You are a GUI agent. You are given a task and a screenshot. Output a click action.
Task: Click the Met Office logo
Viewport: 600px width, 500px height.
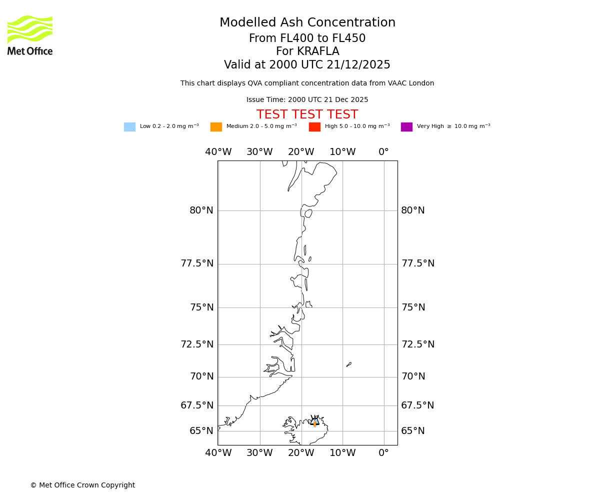(30, 35)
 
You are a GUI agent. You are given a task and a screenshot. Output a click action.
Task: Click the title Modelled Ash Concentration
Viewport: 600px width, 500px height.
(307, 23)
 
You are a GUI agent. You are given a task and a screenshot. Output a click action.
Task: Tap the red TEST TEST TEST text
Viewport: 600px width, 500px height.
(307, 115)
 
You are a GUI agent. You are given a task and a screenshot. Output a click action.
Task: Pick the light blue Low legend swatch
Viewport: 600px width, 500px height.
(129, 127)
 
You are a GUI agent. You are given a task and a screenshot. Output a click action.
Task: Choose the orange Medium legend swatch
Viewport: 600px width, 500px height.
(216, 127)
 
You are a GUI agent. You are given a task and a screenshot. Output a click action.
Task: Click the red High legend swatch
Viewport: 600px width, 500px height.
(314, 127)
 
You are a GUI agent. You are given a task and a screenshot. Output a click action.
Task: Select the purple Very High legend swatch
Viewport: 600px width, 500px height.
(406, 127)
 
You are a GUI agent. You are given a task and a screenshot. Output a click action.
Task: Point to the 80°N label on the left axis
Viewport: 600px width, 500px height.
(201, 210)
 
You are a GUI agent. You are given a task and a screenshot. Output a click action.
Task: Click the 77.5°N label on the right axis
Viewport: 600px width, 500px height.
(418, 263)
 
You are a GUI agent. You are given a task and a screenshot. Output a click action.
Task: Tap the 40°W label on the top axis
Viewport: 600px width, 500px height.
(218, 152)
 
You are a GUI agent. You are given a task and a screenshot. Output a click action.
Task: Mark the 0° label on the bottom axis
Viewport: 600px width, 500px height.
(383, 453)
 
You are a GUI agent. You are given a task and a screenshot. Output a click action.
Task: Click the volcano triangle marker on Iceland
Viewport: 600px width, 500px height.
(314, 422)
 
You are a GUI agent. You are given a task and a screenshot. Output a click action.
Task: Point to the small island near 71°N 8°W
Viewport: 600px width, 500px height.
(349, 364)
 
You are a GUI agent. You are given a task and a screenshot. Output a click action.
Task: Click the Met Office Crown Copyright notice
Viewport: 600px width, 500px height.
(82, 485)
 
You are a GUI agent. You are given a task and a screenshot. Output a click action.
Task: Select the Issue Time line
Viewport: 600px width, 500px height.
(307, 100)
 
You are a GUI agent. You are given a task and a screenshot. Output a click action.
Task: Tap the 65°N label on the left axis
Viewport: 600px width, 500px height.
(201, 431)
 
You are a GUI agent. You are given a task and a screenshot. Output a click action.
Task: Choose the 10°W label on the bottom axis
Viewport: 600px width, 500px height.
(342, 453)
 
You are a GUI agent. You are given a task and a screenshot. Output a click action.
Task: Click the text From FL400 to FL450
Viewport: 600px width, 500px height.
(307, 38)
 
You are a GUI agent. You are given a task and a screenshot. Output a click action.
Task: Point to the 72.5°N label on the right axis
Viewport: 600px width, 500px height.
(418, 344)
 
